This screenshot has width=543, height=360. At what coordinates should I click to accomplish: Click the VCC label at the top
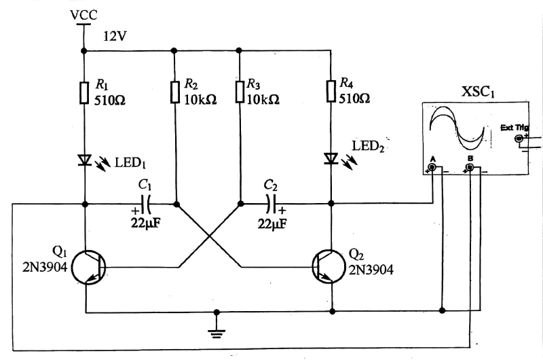[84, 13]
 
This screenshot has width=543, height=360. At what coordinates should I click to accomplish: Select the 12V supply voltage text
[116, 35]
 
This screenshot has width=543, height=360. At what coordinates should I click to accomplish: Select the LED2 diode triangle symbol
[331, 159]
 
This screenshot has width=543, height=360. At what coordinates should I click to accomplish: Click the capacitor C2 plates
[271, 203]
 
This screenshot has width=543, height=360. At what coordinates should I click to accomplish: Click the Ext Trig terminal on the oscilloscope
[520, 139]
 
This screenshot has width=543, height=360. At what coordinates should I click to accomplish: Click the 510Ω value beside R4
[354, 99]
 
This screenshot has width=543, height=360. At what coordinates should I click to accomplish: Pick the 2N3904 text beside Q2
[371, 270]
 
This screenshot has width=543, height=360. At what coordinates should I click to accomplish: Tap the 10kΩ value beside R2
[201, 99]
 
